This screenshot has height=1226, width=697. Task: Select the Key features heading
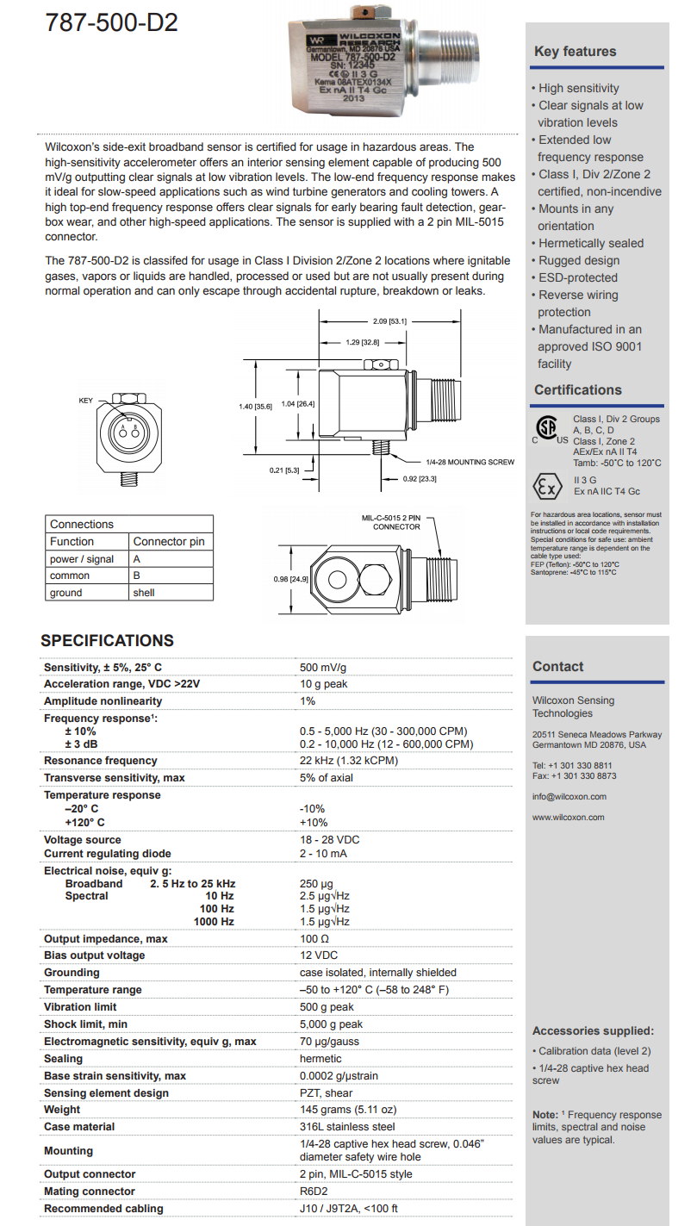[x=575, y=52]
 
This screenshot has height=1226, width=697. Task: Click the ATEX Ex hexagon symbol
[x=546, y=486]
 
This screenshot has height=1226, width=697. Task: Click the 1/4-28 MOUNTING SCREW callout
[x=470, y=462]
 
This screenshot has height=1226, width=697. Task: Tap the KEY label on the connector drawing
[x=85, y=401]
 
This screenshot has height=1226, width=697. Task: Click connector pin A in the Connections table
[x=137, y=558]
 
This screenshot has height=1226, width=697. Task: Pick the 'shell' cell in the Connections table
[x=144, y=593]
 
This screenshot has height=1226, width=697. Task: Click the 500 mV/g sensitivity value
[x=323, y=667]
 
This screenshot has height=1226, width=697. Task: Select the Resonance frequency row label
[x=100, y=761]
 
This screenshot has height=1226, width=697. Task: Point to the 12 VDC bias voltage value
[x=319, y=955]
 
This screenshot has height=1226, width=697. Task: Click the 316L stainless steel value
[x=347, y=1127]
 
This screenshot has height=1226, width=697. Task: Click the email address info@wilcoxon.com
[x=569, y=796]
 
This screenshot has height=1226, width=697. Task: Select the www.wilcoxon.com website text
[x=568, y=817]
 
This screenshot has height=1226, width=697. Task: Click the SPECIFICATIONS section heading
[x=107, y=640]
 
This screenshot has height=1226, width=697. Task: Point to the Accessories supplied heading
[x=593, y=1030]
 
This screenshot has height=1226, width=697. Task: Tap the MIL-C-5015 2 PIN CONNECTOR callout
[x=390, y=522]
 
